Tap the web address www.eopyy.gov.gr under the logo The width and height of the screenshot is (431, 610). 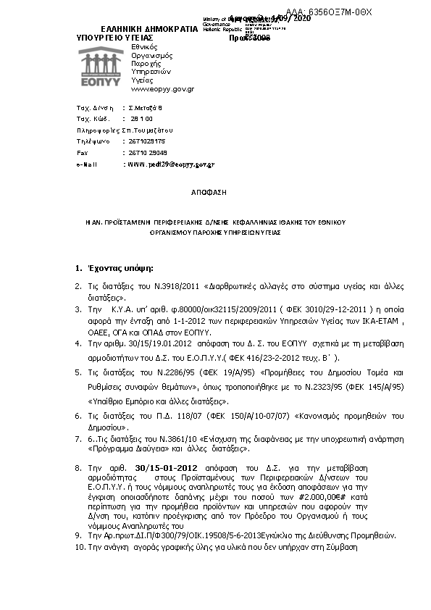[x=162, y=89]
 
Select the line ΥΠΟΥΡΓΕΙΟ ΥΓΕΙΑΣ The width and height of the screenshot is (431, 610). [x=114, y=36]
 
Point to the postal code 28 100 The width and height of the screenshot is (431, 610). [x=141, y=117]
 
